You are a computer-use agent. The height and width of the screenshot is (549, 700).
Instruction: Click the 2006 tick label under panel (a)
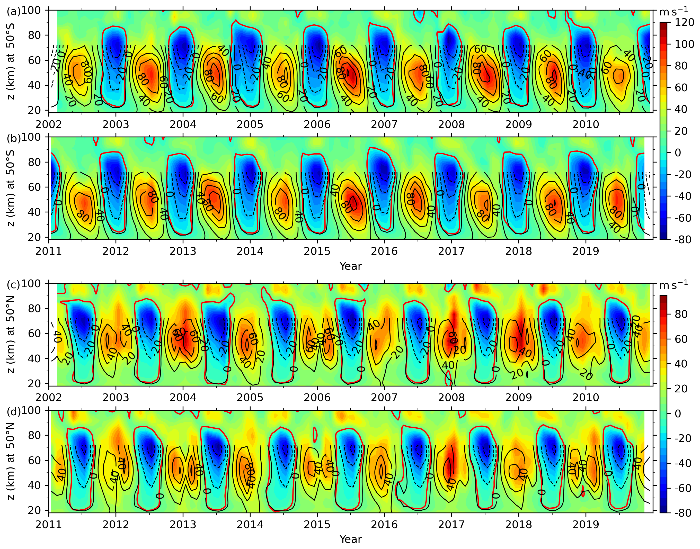[x=317, y=124]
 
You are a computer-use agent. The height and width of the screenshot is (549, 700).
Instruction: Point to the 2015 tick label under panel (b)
[x=317, y=251]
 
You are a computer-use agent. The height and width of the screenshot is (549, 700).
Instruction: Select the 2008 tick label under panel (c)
[x=451, y=398]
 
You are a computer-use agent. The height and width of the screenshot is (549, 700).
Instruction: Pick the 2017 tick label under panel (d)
[x=451, y=525]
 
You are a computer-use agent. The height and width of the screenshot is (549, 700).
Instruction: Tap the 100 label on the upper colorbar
[x=684, y=44]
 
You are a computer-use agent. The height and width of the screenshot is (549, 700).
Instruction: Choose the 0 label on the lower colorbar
[x=678, y=414]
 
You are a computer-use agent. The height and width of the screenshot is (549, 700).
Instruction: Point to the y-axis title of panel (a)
[x=11, y=61]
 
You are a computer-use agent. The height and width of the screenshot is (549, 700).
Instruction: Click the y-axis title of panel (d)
[x=11, y=461]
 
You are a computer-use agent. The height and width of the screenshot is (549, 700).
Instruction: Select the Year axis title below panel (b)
[x=350, y=266]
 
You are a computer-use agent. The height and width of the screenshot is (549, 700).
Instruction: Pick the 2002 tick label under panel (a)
[x=49, y=124]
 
